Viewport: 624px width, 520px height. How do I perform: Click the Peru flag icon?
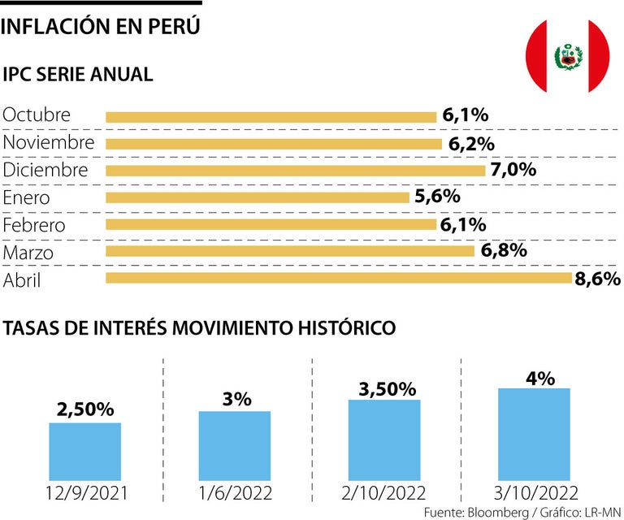568,56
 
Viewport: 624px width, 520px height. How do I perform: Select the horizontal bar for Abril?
339,279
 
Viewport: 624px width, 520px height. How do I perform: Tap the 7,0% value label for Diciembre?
513,170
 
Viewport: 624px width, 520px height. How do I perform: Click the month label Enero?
27,197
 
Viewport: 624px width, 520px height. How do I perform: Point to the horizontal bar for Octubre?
271,116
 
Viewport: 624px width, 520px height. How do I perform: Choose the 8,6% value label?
597,279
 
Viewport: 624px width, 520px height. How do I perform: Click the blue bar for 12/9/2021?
85,452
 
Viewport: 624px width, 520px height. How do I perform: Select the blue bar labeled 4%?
534,435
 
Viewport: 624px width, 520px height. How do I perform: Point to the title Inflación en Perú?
102,27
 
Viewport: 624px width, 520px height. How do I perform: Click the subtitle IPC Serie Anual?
78,75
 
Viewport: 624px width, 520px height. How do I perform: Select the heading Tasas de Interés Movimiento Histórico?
200,328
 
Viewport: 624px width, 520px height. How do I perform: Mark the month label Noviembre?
49,143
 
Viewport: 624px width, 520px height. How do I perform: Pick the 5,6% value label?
438,197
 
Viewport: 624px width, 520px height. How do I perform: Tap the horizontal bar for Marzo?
290,251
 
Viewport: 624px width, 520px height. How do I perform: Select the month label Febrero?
34,225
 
